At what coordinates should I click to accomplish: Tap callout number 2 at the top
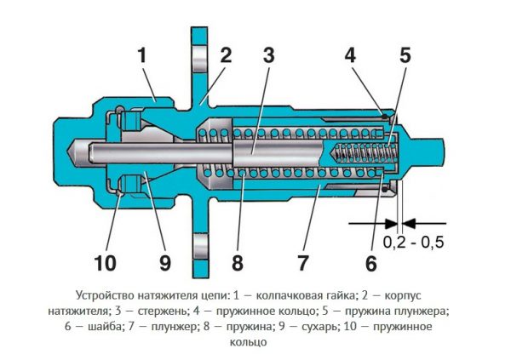point(225,56)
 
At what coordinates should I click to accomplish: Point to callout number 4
point(349,56)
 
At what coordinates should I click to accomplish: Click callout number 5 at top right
point(404,56)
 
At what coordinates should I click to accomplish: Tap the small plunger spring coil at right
point(366,157)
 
